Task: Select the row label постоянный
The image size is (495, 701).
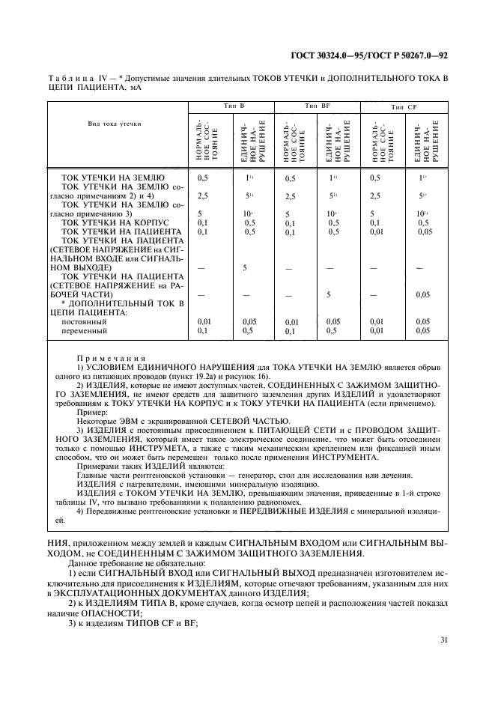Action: tap(83, 321)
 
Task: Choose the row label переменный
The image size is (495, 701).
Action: tap(84, 330)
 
